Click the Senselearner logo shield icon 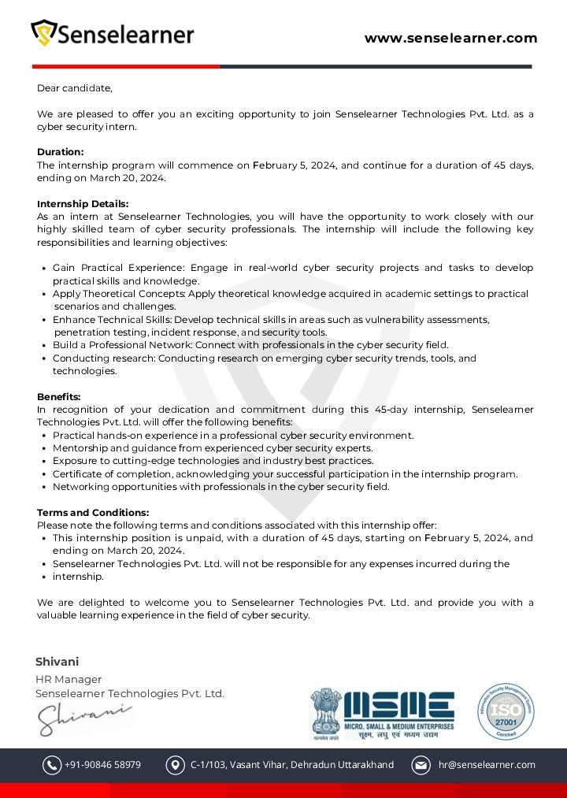44,33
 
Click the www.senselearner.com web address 450,38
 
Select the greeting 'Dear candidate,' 75,88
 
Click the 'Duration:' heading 60,152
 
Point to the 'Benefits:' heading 58,396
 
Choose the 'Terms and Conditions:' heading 93,512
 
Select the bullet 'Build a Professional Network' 250,345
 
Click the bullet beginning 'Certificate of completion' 285,473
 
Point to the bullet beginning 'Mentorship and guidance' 213,448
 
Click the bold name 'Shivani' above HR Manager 57,662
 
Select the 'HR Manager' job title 69,679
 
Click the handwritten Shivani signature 83,718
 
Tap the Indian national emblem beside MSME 325,711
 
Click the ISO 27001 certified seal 505,711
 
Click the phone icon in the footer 52,765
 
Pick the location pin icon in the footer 175,765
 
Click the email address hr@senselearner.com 486,765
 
